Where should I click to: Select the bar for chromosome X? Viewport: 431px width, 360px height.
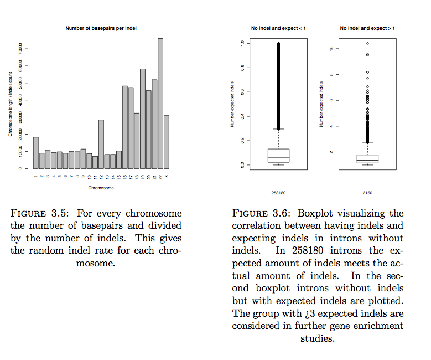(167, 142)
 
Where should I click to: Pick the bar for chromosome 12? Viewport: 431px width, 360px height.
(101, 144)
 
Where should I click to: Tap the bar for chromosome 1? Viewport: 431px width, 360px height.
(36, 153)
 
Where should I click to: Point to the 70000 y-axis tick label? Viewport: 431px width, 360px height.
(20, 49)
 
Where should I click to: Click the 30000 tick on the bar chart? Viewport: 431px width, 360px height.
(20, 117)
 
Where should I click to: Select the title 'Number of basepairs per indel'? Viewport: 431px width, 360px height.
(101, 28)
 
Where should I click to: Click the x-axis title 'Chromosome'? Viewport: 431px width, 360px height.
(101, 188)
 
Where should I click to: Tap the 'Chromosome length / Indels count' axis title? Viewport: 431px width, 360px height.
(10, 105)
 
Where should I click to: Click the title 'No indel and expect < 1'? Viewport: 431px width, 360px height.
(278, 28)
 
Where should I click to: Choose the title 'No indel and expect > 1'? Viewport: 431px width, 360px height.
(367, 28)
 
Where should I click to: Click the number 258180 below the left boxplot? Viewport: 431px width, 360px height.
(278, 193)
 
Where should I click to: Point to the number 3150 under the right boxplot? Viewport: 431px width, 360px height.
(367, 193)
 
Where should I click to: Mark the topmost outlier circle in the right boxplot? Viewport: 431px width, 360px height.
(367, 43)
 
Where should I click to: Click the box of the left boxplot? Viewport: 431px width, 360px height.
(278, 155)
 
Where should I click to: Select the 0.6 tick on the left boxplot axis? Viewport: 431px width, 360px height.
(242, 92)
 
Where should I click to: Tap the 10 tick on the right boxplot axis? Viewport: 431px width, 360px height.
(330, 49)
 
